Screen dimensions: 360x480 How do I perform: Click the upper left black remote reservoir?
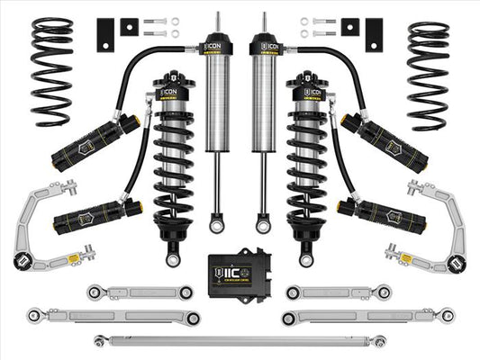pyautogui.click(x=98, y=140)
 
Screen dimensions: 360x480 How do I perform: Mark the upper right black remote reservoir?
pyautogui.click(x=382, y=140)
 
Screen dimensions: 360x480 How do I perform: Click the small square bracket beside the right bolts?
pyautogui.click(x=349, y=28)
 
